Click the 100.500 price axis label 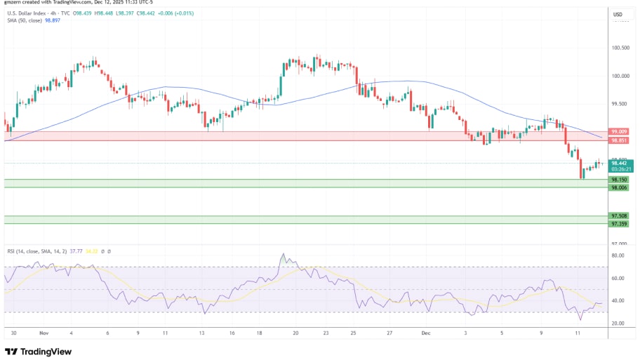620,48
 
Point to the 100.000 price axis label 620,76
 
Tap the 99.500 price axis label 620,103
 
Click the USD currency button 618,14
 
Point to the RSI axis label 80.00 618,255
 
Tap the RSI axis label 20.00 618,324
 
